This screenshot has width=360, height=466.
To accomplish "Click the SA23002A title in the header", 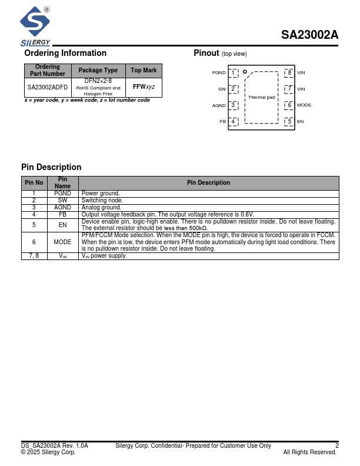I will (x=309, y=35).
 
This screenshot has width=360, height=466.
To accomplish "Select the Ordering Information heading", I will (x=65, y=53).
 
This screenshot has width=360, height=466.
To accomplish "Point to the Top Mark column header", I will (x=144, y=71).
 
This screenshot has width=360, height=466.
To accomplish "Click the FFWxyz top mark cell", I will (x=144, y=87).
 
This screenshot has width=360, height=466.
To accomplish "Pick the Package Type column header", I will (x=98, y=71).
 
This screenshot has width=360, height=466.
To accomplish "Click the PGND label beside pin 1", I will (x=219, y=73).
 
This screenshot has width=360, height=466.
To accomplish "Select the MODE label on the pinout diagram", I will (x=304, y=105).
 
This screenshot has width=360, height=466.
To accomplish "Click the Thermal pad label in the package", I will (x=262, y=97).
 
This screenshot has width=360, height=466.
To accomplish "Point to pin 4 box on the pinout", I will (x=234, y=122).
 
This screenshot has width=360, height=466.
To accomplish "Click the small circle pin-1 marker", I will (x=245, y=72).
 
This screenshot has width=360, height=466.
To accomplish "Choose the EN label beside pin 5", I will (x=301, y=122).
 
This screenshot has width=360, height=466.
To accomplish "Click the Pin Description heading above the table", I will (x=51, y=168).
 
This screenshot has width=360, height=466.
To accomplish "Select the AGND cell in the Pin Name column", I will (x=62, y=208).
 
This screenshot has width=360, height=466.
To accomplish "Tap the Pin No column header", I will (x=34, y=183).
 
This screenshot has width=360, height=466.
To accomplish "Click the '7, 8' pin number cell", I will (x=34, y=256).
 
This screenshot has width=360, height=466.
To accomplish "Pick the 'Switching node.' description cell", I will (x=102, y=201).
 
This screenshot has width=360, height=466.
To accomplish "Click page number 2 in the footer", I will (x=337, y=446).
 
